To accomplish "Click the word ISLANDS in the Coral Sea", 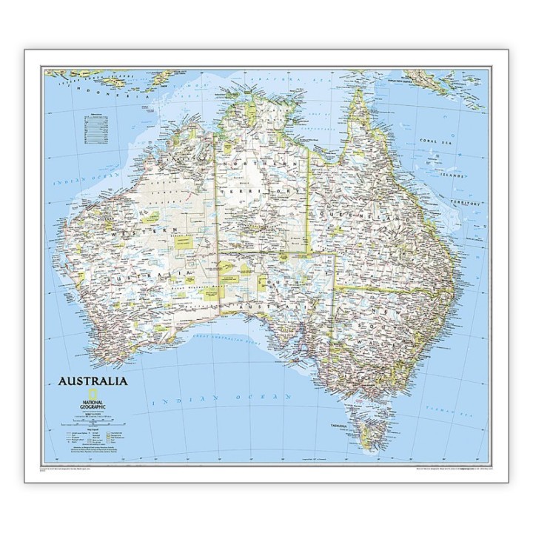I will coord(452,175).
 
